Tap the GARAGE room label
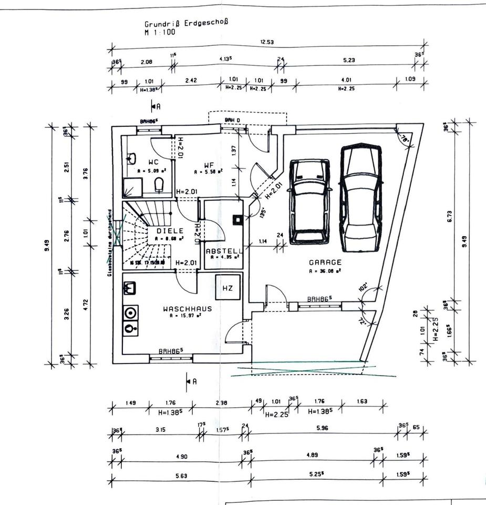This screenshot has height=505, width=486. point(325,262)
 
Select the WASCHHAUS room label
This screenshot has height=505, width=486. point(188,309)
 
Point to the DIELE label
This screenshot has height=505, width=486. point(170,230)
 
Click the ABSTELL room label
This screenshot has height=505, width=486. point(224,251)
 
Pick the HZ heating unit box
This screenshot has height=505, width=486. point(228,288)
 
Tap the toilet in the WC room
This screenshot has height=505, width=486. point(159,184)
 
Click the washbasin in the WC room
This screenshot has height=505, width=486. point(131,158)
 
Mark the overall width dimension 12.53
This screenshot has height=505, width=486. point(267,42)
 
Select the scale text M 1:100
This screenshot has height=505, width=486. point(160,32)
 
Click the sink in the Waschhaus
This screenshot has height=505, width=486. point(130,288)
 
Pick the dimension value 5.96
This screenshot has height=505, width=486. point(322,428)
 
